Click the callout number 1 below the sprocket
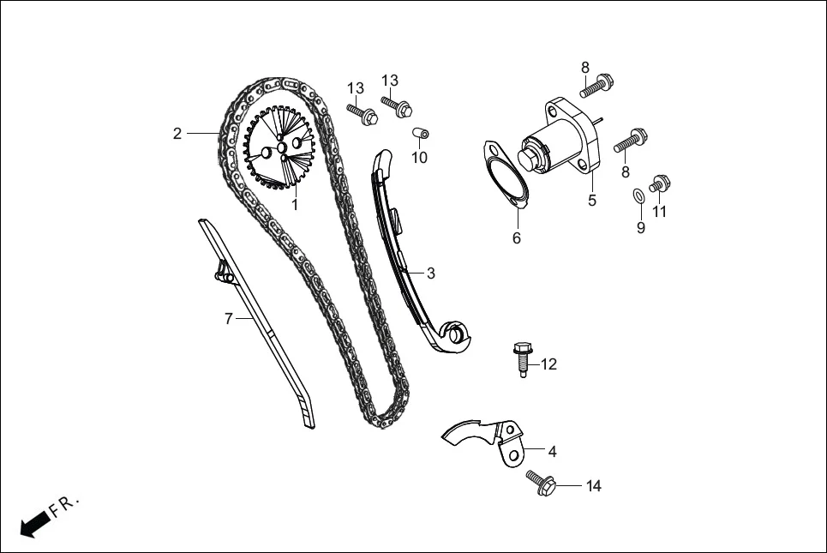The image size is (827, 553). coord(295,206)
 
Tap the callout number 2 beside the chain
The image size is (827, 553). coord(177,133)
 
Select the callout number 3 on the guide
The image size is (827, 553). coord(431,273)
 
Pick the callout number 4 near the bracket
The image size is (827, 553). coord(552,451)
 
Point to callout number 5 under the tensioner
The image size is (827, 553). coord(591,201)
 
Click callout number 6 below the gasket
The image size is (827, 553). coord(517,238)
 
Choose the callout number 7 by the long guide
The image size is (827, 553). coord(229,319)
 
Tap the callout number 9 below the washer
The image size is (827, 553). coord(641,228)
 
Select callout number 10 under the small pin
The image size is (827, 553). coord(419,158)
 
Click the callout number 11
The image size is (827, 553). coord(660,211)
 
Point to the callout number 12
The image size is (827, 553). coord(548,364)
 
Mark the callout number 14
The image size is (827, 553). coord(593,486)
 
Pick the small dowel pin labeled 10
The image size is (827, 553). coord(421,133)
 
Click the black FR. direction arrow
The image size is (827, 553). coord(33,525)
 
